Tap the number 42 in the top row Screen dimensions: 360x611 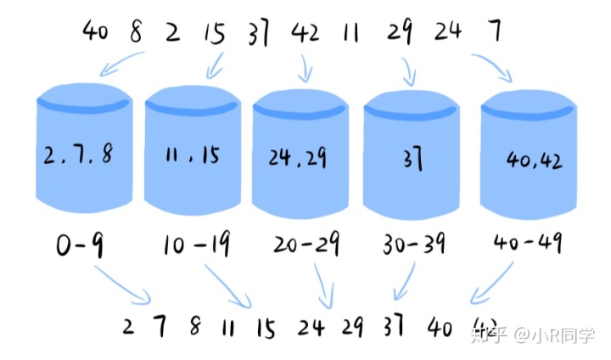(305, 33)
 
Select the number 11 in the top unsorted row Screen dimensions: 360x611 (351, 33)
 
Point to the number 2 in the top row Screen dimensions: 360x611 (173, 33)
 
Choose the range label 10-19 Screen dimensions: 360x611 (195, 247)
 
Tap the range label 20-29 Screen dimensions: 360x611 (306, 247)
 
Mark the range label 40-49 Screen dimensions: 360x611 (529, 245)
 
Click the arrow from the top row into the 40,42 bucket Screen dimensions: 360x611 (492, 67)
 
